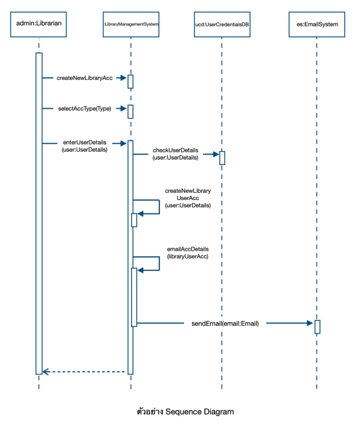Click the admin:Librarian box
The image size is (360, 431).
coord(39,24)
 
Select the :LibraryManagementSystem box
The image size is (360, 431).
coord(130,24)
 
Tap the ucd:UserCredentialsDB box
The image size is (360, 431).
coord(222,24)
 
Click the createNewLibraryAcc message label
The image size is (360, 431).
coord(85,78)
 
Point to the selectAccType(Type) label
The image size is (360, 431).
coord(85,109)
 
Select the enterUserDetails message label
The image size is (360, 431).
coord(85,146)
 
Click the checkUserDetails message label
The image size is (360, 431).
coord(175,154)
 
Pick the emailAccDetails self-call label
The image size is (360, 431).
coord(188,253)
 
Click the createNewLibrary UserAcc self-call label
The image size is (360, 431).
coord(188,198)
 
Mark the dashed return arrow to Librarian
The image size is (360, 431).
coord(85,371)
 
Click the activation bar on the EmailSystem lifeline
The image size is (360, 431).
coord(317,326)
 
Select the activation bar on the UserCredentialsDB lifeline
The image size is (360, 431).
coord(222,157)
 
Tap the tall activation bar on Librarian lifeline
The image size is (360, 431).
coord(39,212)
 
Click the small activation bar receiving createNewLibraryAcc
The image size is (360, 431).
coord(130,81)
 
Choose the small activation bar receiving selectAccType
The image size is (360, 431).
coord(130,111)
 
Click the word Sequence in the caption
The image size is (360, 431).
coord(184,412)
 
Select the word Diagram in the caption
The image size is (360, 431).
coord(218,412)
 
